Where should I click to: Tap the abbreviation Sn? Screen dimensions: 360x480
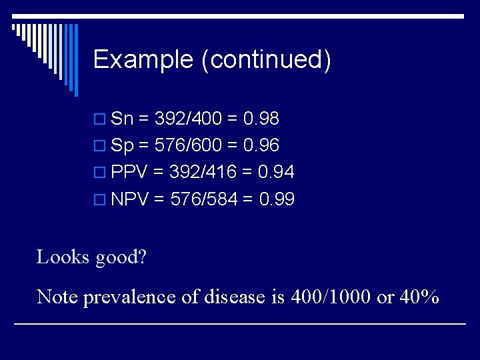tap(122, 119)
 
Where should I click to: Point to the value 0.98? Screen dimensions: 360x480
tap(261, 119)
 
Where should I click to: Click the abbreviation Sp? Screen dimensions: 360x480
tap(123, 145)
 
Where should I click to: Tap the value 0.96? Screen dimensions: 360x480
tap(261, 145)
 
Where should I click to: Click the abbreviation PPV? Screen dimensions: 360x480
tap(129, 172)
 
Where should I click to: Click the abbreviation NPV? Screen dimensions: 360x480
tap(130, 199)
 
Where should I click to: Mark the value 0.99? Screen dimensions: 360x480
tap(277, 199)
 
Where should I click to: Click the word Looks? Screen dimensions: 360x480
tap(63, 257)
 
